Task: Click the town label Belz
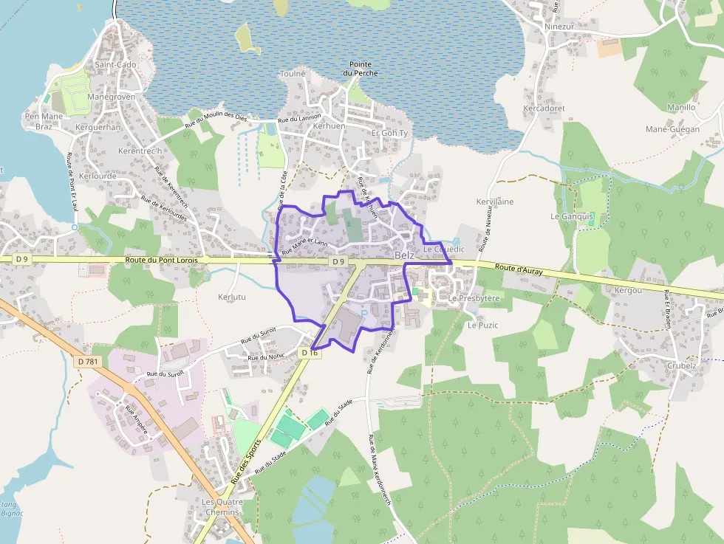coord(404,255)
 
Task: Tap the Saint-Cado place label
coord(115,65)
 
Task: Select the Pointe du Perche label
coord(360,69)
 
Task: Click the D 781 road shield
coord(88,361)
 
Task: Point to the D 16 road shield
coord(310,354)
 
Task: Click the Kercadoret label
coord(544,108)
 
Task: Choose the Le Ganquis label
coord(572,216)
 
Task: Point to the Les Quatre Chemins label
coord(221,507)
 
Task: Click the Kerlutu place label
coord(233,296)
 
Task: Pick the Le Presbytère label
coord(474,298)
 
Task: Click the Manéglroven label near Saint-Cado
coord(111,97)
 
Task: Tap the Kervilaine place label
coord(495,202)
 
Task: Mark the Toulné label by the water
coord(293,74)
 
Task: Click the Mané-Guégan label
coord(672,129)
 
